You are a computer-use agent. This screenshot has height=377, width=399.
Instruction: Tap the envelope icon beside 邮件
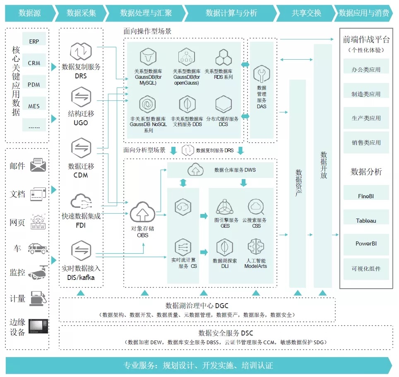38,165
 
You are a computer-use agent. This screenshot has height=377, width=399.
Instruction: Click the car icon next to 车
38,248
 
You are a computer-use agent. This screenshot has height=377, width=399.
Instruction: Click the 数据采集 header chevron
81,13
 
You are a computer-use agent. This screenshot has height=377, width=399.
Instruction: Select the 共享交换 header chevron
306,13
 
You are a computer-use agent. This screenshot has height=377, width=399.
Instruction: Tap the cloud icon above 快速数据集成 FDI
81,202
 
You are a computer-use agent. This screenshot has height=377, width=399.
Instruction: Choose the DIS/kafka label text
81,277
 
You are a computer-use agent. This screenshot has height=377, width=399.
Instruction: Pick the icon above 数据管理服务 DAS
262,74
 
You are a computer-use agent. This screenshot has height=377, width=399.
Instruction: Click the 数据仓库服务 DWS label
235,170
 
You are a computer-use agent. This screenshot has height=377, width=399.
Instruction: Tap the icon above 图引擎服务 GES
225,207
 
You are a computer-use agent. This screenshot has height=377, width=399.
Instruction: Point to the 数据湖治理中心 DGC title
197,306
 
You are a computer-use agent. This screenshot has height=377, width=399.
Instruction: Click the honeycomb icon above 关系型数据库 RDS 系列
224,57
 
